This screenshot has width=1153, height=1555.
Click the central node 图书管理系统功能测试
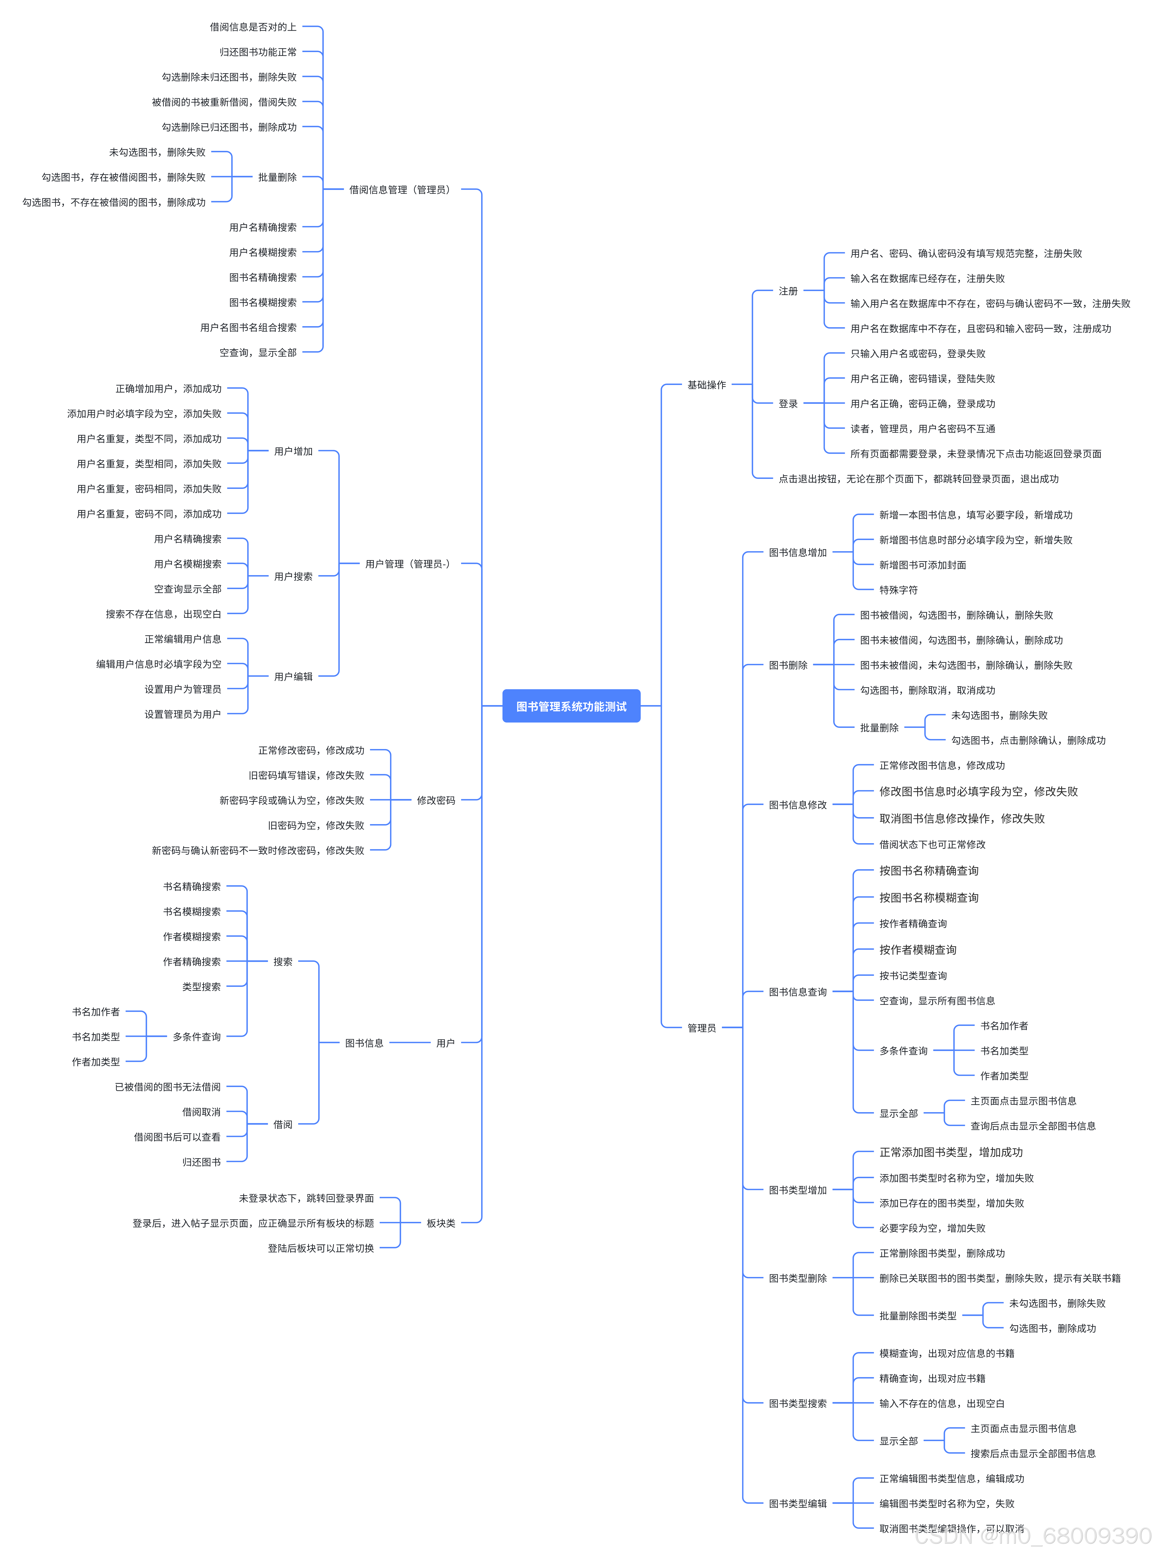coord(571,706)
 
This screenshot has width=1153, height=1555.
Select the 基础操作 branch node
coord(706,385)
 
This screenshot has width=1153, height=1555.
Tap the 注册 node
coord(788,291)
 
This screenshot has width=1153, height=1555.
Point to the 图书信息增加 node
coord(798,553)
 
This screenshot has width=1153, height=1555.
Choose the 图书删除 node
coord(788,665)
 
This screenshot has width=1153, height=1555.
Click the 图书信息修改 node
coord(798,805)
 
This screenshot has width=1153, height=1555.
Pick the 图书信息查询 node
coord(798,992)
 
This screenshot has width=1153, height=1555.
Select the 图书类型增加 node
coord(798,1190)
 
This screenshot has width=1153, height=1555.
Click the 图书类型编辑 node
coord(798,1503)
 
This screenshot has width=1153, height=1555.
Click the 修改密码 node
coord(436,801)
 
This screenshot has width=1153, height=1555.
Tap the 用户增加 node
coord(293,451)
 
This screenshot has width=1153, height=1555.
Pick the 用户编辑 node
coord(293,676)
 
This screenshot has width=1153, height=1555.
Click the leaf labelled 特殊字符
coord(898,590)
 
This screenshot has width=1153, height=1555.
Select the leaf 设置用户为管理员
coord(183,689)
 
